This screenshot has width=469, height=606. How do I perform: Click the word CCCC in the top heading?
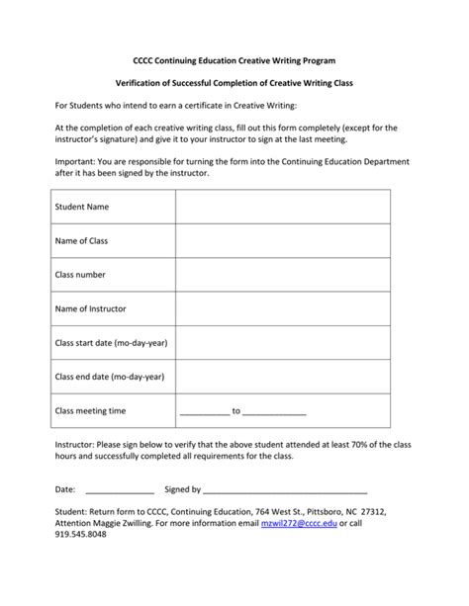(x=145, y=60)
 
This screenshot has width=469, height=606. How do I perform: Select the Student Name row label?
(x=82, y=207)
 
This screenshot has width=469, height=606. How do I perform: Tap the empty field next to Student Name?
(x=282, y=207)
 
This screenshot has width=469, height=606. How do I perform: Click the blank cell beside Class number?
(x=282, y=275)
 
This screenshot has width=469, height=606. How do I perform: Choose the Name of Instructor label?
(x=91, y=308)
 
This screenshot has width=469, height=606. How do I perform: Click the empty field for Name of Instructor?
(x=282, y=308)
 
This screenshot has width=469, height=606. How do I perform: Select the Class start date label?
(x=110, y=342)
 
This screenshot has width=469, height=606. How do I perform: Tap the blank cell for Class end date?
(x=282, y=377)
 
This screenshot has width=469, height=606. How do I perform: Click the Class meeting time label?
(x=90, y=410)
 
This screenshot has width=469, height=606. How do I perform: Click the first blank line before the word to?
(x=204, y=412)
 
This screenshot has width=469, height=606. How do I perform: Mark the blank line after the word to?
(x=274, y=412)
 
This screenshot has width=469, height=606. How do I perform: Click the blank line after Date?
(x=120, y=490)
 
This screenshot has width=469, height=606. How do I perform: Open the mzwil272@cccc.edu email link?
(x=298, y=523)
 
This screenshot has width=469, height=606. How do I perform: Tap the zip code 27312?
(x=372, y=512)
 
